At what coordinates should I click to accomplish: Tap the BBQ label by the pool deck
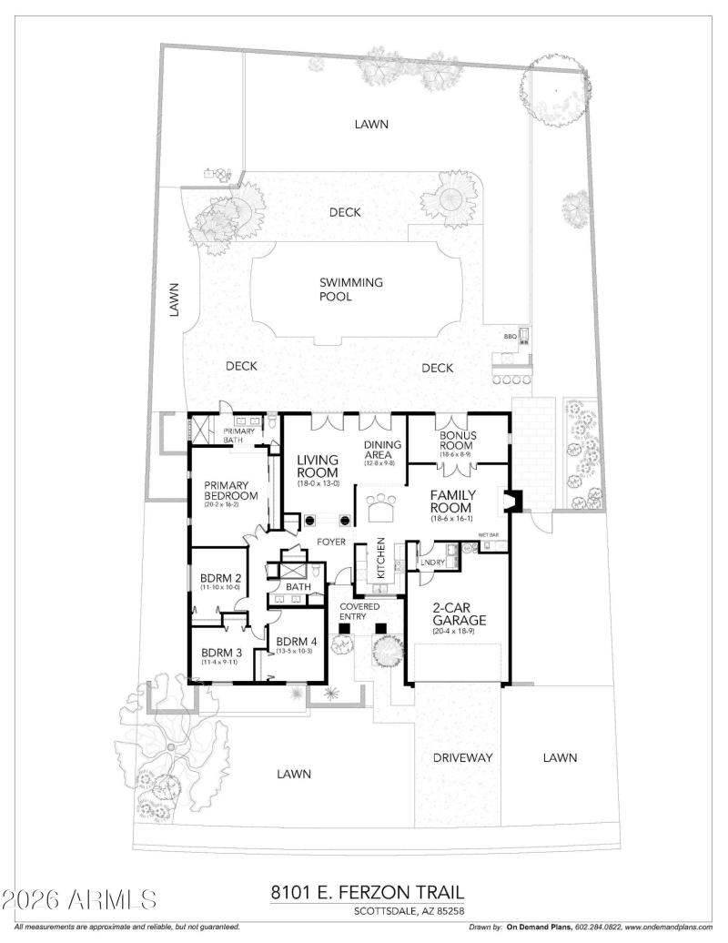tap(510, 337)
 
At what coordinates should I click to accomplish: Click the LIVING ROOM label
tap(318, 465)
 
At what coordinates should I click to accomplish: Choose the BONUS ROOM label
tap(458, 441)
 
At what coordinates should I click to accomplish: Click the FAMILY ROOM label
tap(450, 502)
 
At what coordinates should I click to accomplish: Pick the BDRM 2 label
tap(220, 578)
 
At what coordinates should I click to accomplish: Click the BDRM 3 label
tap(221, 653)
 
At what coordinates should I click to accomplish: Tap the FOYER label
tap(329, 542)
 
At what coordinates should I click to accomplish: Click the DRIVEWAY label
tap(462, 757)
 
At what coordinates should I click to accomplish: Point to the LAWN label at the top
tap(372, 124)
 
